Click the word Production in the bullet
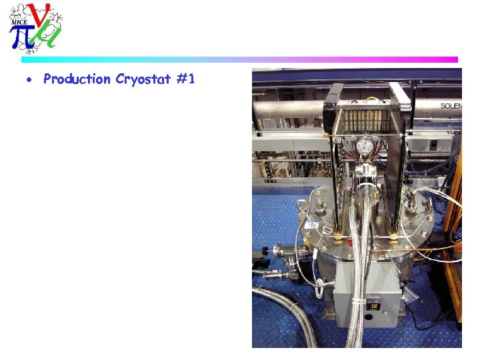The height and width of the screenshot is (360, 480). pos(77,79)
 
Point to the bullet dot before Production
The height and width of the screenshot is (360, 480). pos(28,80)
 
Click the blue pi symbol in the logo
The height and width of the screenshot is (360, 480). pos(22,37)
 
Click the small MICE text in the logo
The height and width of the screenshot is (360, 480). pos(19,22)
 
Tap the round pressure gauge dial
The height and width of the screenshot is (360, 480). pos(364,146)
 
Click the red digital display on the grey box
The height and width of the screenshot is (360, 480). pos(374,306)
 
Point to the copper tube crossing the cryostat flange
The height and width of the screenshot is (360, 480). pos(433,248)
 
